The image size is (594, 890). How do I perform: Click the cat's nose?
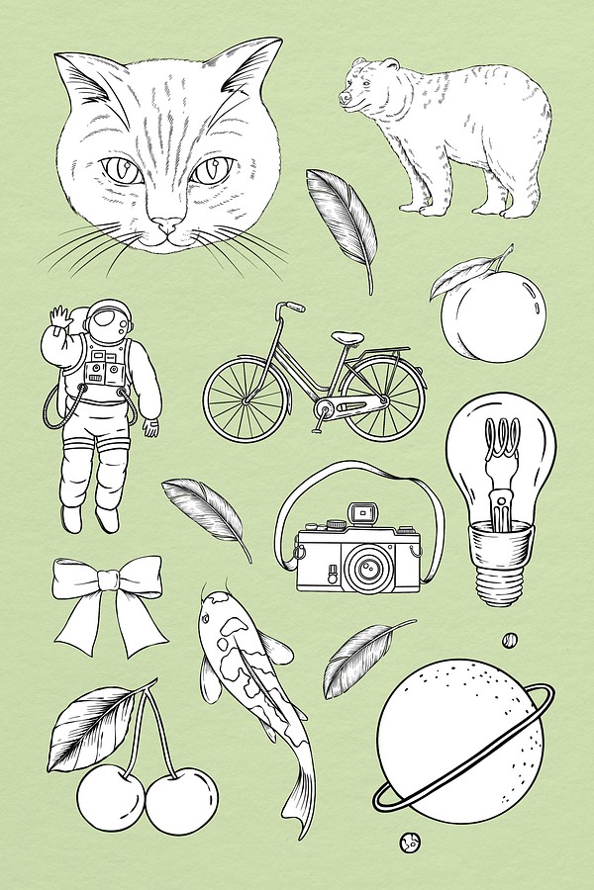point(168,225)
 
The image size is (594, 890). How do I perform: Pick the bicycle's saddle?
point(347,337)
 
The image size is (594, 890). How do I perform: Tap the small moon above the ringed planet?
point(509,639)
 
